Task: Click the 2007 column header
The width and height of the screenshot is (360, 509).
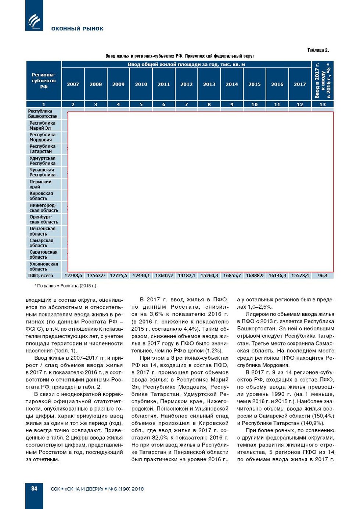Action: click(73, 84)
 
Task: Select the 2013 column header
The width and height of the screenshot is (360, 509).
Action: click(209, 84)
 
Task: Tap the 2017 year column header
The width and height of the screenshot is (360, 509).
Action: click(300, 84)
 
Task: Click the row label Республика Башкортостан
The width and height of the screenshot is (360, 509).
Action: click(43, 114)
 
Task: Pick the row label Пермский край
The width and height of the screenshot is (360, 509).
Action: click(40, 184)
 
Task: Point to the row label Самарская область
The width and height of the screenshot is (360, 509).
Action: click(41, 243)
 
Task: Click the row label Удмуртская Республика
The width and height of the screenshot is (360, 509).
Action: click(42, 161)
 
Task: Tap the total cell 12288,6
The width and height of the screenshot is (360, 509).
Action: click(73, 275)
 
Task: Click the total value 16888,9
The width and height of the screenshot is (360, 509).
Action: click(255, 275)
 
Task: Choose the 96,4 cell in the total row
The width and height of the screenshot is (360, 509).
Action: click(323, 275)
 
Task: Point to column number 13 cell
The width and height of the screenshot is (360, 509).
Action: click(323, 104)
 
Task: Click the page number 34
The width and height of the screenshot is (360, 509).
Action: click(34, 488)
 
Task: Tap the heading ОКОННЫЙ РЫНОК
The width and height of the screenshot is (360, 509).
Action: click(77, 29)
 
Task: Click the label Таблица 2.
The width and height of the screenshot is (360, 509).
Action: click(318, 50)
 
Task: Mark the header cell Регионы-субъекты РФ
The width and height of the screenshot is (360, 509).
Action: click(44, 81)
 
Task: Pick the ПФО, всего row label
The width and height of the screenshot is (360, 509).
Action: click(40, 275)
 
